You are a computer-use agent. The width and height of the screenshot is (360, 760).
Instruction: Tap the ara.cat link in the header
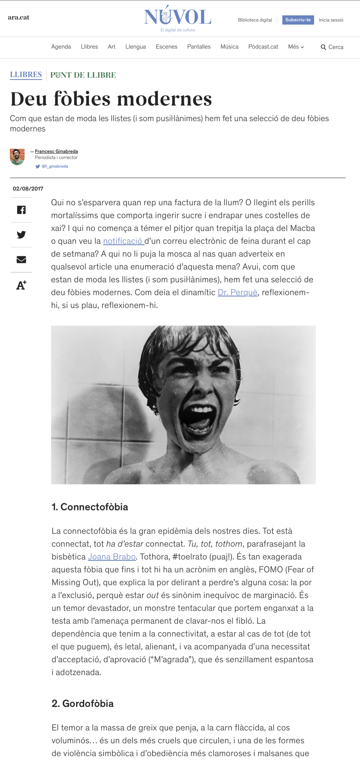pos(18,18)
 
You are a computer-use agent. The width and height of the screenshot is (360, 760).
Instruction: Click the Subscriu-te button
pos(298,20)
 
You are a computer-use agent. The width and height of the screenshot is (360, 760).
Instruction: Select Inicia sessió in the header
pos(331,20)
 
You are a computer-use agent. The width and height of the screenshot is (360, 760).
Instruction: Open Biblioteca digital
pos(255,20)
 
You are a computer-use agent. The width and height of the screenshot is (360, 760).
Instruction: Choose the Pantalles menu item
pos(199,47)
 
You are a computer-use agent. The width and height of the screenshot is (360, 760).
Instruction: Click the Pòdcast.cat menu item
pos(263,47)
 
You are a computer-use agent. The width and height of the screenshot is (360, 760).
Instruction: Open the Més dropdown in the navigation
pos(296,47)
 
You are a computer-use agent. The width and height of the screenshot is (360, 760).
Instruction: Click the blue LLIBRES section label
pos(26,75)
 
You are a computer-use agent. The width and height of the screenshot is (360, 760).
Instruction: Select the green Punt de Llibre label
pos(83,75)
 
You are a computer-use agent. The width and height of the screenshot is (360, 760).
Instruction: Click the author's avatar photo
pos(17,156)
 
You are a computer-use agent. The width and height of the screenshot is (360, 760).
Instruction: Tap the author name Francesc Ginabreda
pos(56,151)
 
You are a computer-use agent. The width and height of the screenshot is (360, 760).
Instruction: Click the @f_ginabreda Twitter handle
pos(54,166)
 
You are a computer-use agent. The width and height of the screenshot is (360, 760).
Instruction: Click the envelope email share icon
pos(21,259)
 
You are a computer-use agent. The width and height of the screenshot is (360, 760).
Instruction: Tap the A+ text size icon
pos(21,285)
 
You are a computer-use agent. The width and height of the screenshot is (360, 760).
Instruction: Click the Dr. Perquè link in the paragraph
pos(237,292)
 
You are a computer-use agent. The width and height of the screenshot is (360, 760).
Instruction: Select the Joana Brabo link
pos(112,556)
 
